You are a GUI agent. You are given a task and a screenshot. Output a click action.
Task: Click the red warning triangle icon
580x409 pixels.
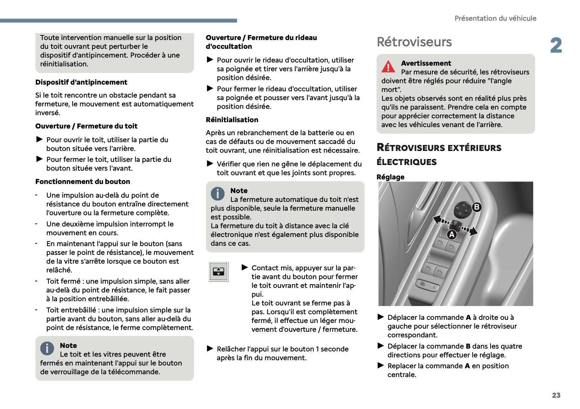point(388,66)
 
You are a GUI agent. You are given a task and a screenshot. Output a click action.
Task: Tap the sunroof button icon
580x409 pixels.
point(219,271)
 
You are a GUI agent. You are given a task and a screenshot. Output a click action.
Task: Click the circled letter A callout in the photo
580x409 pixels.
point(452,235)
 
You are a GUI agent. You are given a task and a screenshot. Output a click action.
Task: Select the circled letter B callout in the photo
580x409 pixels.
point(476,207)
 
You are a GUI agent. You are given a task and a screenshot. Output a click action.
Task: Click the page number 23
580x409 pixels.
point(556,395)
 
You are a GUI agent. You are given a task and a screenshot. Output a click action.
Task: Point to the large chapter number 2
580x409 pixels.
point(556,46)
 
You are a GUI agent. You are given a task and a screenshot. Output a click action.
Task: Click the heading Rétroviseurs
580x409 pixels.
point(414,42)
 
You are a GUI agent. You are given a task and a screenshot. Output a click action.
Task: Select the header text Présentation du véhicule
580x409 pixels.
point(495,18)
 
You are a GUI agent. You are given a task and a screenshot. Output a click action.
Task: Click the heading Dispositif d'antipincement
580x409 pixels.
point(81,82)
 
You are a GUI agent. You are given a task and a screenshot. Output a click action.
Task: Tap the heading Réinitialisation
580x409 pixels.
point(232,120)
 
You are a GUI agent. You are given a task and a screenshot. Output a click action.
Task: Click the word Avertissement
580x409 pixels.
point(426,63)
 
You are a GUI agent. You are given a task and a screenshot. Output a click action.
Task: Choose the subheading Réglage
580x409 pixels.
point(390,177)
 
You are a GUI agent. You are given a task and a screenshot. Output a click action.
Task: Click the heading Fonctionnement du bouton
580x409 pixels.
point(82,182)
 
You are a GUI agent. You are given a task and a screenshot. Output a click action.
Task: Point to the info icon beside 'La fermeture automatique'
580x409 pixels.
point(218,193)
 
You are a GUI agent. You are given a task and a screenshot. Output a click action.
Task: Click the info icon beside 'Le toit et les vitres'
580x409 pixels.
point(47,348)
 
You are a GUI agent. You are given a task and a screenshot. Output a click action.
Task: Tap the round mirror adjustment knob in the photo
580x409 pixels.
point(462,210)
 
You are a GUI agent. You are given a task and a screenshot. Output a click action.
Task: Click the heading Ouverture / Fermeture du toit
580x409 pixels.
point(86,126)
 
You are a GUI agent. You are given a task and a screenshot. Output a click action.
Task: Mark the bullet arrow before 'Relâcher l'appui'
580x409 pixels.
point(210,349)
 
